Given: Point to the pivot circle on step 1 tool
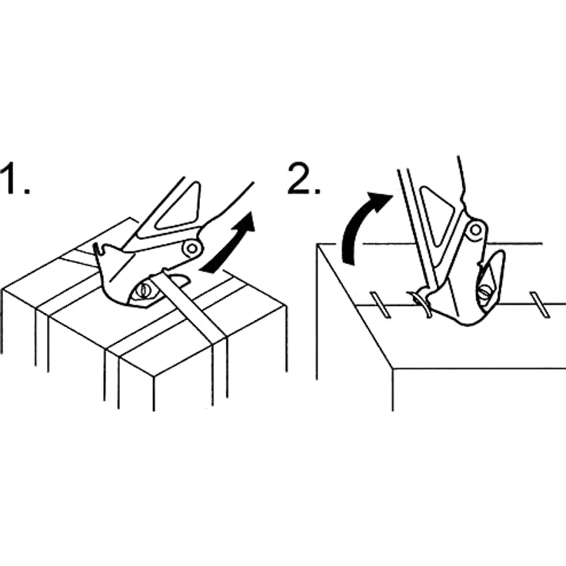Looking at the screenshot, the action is coord(192,248).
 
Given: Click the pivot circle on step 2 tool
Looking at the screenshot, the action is coord(476,230).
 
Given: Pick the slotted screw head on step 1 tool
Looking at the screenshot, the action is coord(145,290).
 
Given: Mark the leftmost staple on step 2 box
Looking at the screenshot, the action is coord(381,305).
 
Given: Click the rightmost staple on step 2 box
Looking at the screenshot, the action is coord(540,305).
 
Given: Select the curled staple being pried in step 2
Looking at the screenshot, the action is coord(421,303).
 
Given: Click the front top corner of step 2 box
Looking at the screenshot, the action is coord(393,369).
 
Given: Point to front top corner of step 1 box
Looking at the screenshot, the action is coord(154,377).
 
